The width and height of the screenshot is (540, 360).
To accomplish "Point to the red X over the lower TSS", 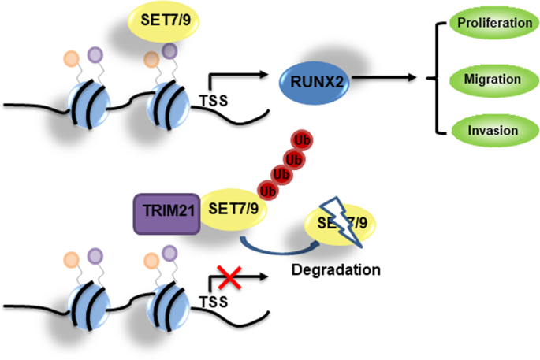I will point(230,276).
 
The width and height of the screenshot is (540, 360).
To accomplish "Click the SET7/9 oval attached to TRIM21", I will point(235,210).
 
